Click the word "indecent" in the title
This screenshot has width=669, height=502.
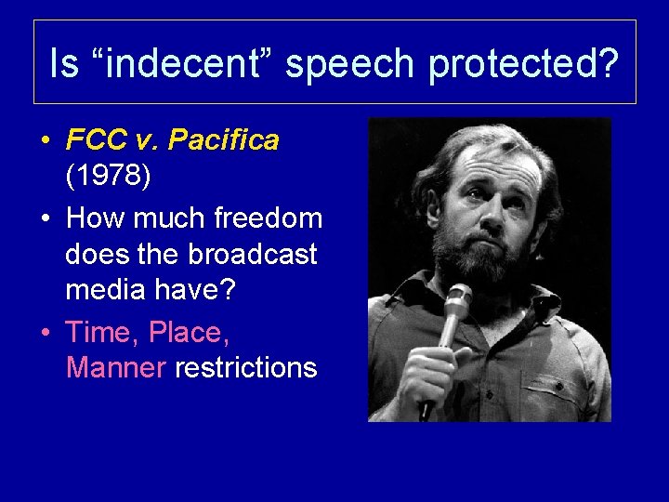[177, 64]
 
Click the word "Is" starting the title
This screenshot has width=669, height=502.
[64, 64]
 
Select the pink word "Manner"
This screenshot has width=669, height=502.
[116, 368]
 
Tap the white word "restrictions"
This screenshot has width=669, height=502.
[245, 368]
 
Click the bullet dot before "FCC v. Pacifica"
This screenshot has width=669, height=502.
[45, 141]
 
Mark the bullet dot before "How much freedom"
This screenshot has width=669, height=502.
[45, 219]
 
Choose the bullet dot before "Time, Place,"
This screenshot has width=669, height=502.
[45, 332]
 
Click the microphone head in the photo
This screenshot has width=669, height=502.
[457, 300]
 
